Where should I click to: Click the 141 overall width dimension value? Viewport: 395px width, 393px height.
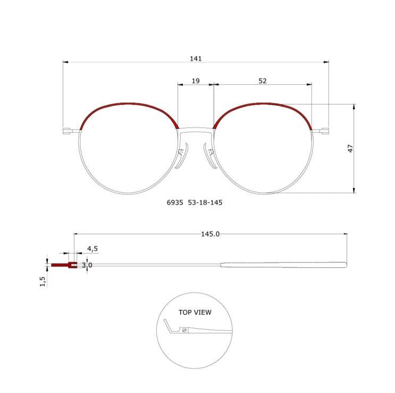[x=196, y=59]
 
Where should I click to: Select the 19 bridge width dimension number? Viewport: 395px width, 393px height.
[x=196, y=81]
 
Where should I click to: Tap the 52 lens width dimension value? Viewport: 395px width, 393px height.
[x=263, y=81]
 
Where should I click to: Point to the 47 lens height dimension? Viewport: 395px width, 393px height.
[x=350, y=149]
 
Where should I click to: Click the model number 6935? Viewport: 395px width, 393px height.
[x=175, y=202]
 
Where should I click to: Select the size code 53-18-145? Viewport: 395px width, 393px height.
[x=205, y=202]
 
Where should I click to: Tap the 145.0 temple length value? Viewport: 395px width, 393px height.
[x=211, y=234]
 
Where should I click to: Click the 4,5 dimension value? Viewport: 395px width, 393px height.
[x=93, y=249]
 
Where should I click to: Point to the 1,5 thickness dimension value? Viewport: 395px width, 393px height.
[x=43, y=281]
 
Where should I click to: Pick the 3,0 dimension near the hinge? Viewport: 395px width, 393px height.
[x=87, y=265]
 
